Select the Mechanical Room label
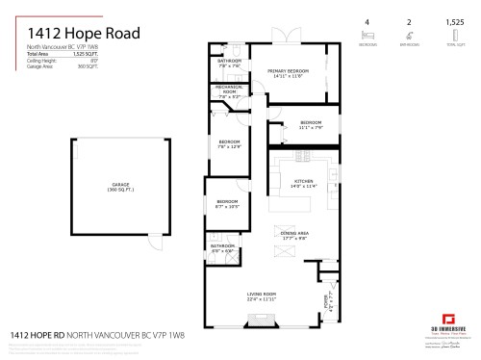[229, 94]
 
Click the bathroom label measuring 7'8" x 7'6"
[229, 64]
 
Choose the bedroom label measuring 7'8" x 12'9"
[229, 144]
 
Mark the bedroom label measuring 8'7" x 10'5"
[227, 204]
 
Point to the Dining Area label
[293, 235]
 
